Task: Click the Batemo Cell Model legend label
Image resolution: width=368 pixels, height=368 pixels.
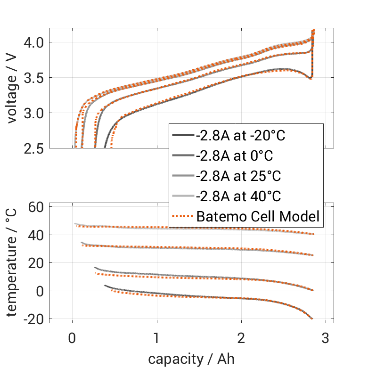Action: coord(258,217)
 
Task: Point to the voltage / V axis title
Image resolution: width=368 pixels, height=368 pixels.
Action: coord(13,89)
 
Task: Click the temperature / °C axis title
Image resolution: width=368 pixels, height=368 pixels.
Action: coord(13,263)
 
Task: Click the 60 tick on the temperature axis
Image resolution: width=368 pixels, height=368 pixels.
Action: coord(37,207)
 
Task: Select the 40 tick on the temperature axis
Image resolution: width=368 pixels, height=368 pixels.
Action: coord(37,235)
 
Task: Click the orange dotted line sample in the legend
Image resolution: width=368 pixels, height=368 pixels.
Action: coord(182,217)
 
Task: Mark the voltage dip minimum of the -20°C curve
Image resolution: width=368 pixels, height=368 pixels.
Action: coord(311,78)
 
